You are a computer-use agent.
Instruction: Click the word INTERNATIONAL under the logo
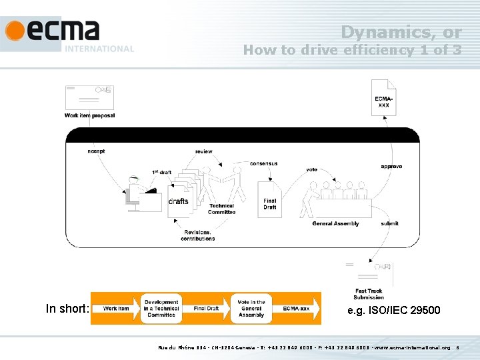(99, 49)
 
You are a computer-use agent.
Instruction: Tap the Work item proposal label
(89, 115)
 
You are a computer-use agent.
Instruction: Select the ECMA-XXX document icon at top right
(383, 98)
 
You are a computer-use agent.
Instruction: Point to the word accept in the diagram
(96, 151)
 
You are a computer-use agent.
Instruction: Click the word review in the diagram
(204, 151)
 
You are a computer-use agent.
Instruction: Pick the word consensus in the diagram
(263, 163)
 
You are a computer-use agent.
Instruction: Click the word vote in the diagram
(311, 169)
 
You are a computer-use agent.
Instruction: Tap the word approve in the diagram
(391, 166)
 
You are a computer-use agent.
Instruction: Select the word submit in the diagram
(390, 223)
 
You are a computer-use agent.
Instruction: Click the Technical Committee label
(221, 209)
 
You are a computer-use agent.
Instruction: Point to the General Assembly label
(335, 223)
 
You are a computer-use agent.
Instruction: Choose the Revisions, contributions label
(197, 235)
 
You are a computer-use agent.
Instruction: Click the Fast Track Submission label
(369, 294)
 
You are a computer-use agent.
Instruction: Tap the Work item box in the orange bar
(116, 309)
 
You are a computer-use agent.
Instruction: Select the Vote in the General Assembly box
(251, 309)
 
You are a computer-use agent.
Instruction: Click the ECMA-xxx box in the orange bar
(296, 309)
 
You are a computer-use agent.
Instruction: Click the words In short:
(67, 308)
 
